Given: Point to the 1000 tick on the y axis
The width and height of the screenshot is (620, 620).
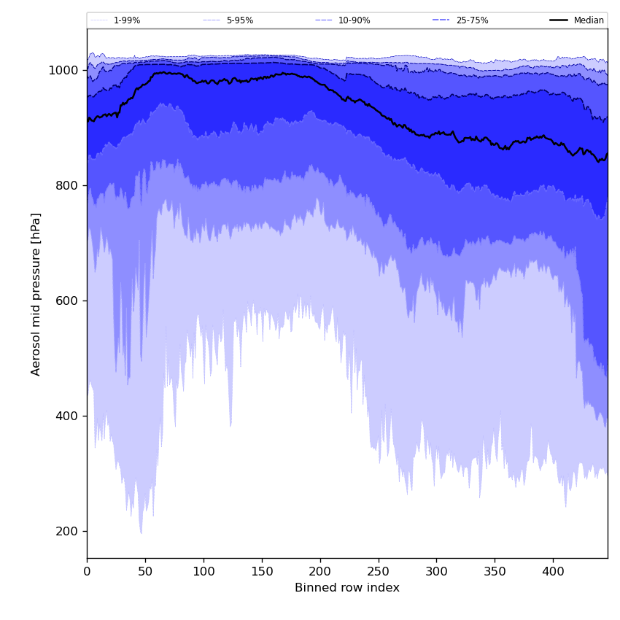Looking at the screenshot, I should tap(63, 71).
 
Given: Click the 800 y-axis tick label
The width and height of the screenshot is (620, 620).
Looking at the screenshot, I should tap(67, 186).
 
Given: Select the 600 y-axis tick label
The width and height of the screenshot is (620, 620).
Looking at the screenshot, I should tap(67, 301).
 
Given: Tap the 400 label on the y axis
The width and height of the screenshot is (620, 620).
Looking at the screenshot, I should tap(67, 416).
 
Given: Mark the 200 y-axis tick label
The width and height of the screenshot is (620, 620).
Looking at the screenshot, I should tap(67, 532).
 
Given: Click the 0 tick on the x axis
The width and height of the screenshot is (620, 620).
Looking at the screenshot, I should tap(87, 571).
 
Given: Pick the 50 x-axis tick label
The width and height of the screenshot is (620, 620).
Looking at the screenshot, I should tap(145, 571).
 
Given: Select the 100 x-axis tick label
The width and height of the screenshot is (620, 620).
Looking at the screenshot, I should tap(204, 571).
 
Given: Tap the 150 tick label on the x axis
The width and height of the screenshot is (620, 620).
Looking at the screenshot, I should tap(262, 571).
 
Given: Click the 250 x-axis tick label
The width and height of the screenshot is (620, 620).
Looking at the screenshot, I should tap(378, 571).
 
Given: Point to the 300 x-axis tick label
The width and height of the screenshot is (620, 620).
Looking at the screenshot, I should tap(436, 571).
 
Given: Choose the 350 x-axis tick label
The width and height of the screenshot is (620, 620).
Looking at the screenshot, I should tap(495, 571).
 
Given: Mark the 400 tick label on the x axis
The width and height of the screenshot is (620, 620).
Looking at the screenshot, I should tap(553, 571).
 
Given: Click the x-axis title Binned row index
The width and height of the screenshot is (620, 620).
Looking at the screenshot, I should tap(347, 588).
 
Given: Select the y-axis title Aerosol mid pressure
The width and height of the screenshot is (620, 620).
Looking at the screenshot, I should tap(36, 294).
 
